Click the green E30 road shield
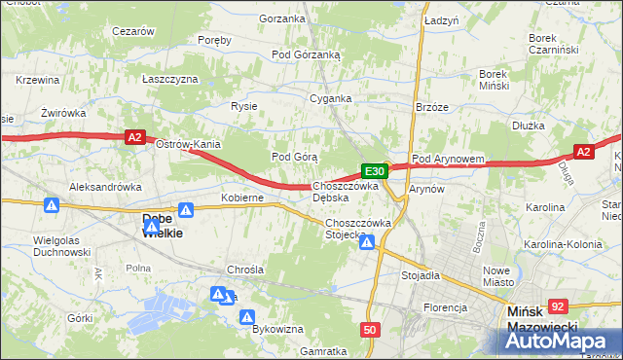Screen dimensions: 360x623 tap(376, 171)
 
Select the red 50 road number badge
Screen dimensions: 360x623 tap(369, 330)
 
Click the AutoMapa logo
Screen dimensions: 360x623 tap(558, 341)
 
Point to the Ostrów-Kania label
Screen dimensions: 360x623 tap(189, 145)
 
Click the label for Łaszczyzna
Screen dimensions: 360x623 tap(169, 79)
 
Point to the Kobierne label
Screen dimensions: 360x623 tap(242, 198)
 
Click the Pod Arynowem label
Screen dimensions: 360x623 tap(448, 159)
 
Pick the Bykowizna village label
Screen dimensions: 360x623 tap(277, 329)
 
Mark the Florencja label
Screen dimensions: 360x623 tap(445, 307)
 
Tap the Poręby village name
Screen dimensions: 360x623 tap(214, 40)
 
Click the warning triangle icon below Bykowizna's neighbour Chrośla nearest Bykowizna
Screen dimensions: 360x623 tap(247, 316)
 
